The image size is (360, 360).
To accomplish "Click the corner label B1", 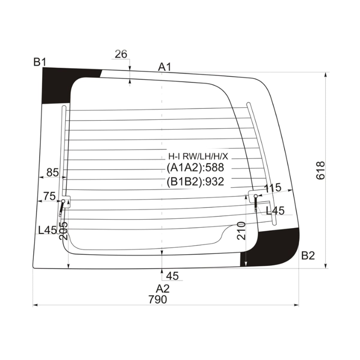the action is tap(40, 62).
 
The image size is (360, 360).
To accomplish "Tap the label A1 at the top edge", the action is tap(164, 67).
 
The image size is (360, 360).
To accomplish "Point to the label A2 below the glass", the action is tap(163, 289).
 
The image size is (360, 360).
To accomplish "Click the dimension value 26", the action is tap(121, 54).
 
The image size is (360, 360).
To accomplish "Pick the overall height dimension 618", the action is tap(320, 170).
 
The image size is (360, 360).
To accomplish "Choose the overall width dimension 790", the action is tap(158, 300).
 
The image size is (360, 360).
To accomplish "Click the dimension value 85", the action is tap(52, 172).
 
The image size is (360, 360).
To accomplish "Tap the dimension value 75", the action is tap(49, 196).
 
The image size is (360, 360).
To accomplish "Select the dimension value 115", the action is tap(273, 187).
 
